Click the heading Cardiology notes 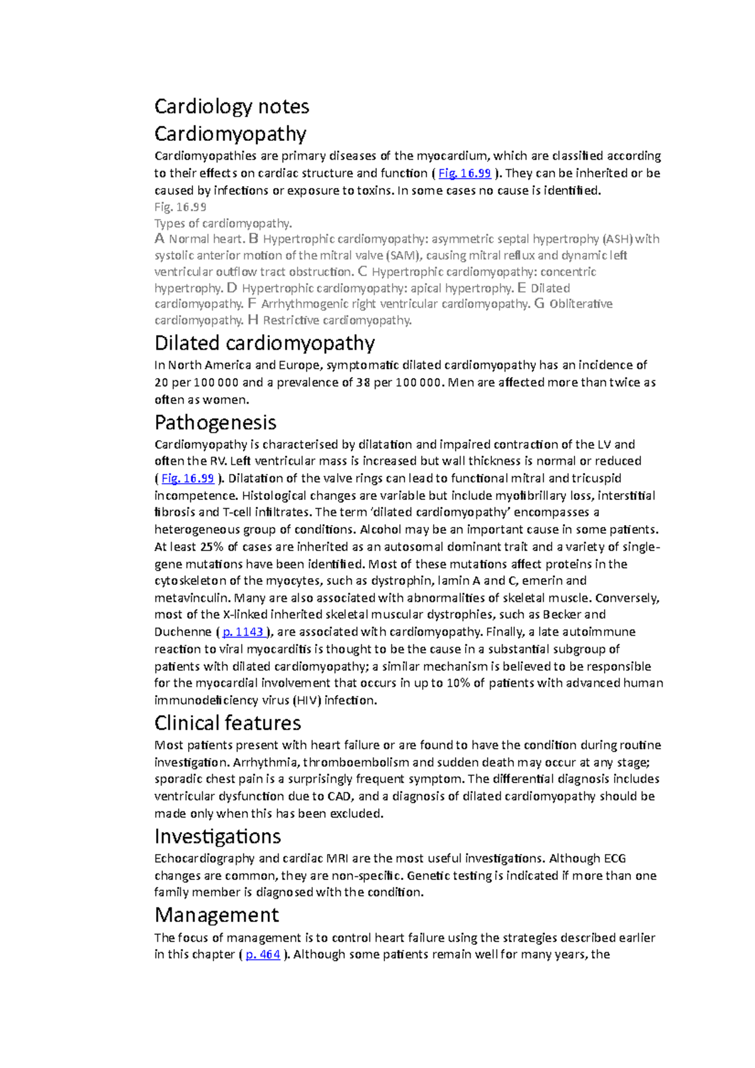pyautogui.click(x=232, y=106)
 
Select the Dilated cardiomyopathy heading pyautogui.click(x=264, y=343)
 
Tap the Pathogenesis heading pyautogui.click(x=215, y=422)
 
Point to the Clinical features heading pyautogui.click(x=228, y=723)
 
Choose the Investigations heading pyautogui.click(x=218, y=837)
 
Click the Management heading pyautogui.click(x=216, y=915)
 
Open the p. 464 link pyautogui.click(x=263, y=954)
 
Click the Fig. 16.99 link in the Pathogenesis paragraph pyautogui.click(x=187, y=478)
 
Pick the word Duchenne pyautogui.click(x=183, y=631)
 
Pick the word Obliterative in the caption pyautogui.click(x=581, y=304)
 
